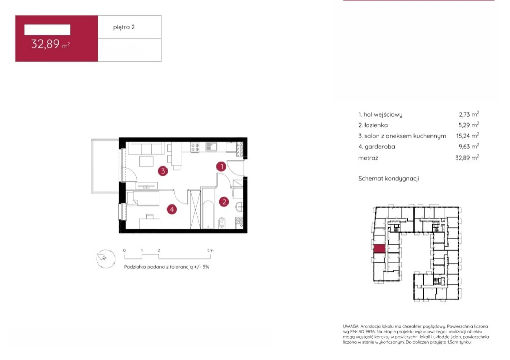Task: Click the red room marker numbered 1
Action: pos(221,166)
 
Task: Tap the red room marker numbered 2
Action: pos(224,202)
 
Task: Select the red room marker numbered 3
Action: pos(163,171)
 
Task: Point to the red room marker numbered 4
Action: pos(172,209)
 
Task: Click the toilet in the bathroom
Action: pos(222,223)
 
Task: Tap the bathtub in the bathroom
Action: pos(208,214)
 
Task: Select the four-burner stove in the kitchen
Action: pos(195,147)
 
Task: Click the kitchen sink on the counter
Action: pos(211,147)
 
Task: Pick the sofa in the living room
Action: pos(146,148)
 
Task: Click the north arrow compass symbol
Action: pos(106,259)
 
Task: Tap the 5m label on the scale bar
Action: pos(210,250)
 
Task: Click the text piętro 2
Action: pos(124,27)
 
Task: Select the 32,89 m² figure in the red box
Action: pos(50,44)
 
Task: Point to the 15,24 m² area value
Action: pos(467,136)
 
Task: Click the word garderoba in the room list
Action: pos(380,147)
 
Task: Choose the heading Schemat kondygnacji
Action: pos(389,178)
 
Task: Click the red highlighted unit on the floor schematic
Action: pos(379,248)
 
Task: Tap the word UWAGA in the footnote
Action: pos(351,326)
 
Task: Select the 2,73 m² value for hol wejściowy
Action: pos(469,114)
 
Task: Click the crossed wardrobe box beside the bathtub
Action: pos(195,209)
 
